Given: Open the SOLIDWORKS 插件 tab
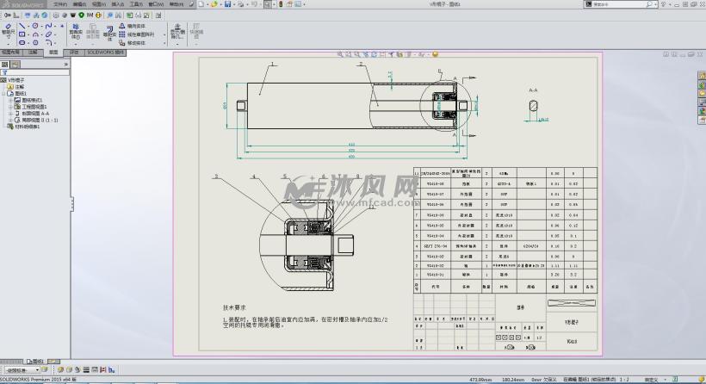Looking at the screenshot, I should [107, 53].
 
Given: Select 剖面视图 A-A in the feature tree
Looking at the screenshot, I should [34, 114].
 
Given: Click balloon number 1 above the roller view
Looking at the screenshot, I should [273, 64].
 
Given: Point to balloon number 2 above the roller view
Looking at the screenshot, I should [360, 64].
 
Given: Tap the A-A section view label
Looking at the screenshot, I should [533, 89].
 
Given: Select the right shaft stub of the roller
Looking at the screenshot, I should [465, 105].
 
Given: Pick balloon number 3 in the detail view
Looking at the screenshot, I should [216, 176].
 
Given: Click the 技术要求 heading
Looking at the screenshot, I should [235, 307].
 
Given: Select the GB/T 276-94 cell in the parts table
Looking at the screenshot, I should [436, 245].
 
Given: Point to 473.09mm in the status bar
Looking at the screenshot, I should [480, 379].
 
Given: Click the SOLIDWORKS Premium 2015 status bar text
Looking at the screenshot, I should [38, 379].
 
